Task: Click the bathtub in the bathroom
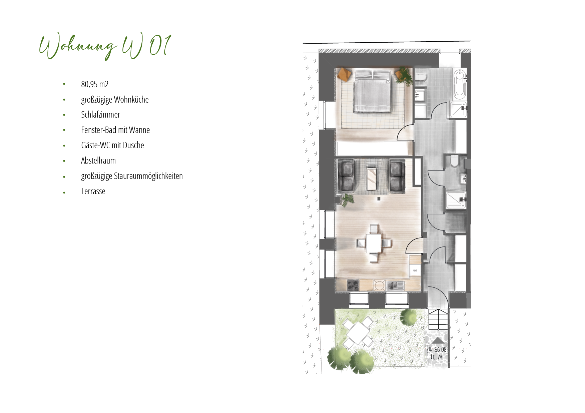coord(460,84)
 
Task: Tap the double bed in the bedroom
coord(372,91)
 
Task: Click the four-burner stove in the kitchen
coord(353,285)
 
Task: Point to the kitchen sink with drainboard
coord(395,285)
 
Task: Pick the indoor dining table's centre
coord(374,243)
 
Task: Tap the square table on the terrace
coord(358,333)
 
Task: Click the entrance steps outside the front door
coord(438,319)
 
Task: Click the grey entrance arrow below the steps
coord(438,340)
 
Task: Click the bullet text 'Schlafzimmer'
coord(100,115)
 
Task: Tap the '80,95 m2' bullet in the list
coord(95,84)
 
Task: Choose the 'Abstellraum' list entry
coord(98,161)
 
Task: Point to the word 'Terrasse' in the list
coord(93,191)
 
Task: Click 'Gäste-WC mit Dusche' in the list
coord(112,145)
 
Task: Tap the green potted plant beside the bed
coord(404,76)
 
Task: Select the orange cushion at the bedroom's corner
coord(344,74)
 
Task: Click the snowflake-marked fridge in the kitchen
coord(415,270)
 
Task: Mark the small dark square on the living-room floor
coord(379,199)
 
